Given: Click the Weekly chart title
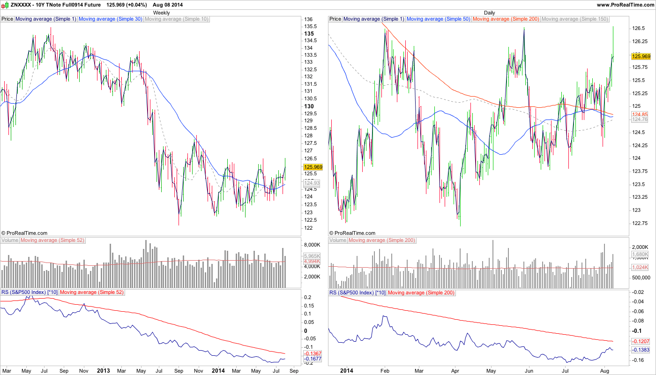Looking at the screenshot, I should (x=162, y=13).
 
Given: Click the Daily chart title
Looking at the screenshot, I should (x=489, y=13).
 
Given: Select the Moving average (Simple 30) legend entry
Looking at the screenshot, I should (x=111, y=19).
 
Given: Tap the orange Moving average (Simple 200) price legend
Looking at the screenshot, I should (x=506, y=19).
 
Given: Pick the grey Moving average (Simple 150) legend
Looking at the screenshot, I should (x=574, y=19).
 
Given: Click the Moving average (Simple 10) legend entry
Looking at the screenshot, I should (x=177, y=19).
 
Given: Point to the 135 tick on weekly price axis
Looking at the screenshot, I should (x=309, y=34).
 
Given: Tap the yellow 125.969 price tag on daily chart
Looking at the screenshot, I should (x=641, y=56).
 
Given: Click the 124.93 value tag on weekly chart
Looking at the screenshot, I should (x=312, y=183).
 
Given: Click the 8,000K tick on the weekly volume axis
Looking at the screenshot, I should (x=312, y=245).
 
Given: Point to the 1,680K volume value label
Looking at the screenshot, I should (x=640, y=255).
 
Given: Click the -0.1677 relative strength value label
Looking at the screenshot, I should (x=312, y=359).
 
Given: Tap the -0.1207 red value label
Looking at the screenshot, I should (x=640, y=341).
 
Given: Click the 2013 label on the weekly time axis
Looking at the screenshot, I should (x=103, y=371).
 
